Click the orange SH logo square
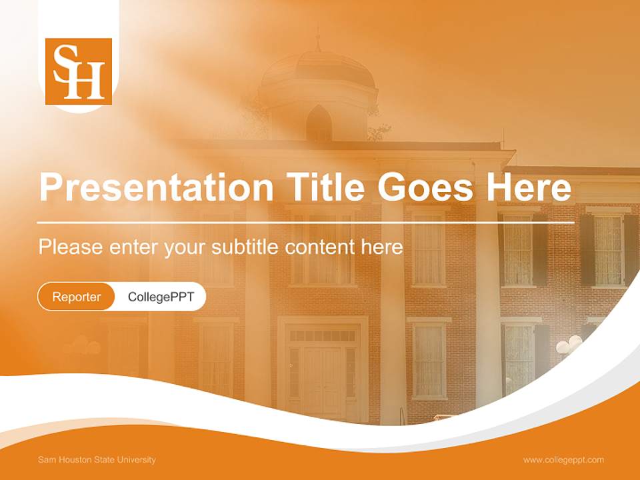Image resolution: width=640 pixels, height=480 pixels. (79, 71)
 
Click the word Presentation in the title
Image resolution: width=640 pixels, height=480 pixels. (156, 187)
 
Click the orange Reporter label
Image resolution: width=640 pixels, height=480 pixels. (77, 297)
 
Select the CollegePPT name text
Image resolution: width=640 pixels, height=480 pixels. (161, 297)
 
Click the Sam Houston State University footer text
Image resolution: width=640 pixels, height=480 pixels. (97, 460)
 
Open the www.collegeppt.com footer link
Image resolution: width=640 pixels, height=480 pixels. (563, 460)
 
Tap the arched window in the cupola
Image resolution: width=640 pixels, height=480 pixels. (319, 123)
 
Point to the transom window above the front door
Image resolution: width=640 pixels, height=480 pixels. (323, 336)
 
